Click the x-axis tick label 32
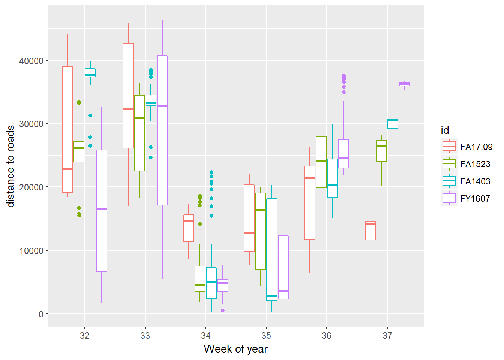pos(85,336)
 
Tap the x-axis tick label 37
pos(387,336)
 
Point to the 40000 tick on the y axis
pos(31,61)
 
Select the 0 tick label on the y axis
pos(41,314)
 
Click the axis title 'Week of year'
pos(235,349)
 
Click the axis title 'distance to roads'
pos(10,166)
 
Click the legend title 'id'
pos(445,130)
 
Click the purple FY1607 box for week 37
pos(404,84)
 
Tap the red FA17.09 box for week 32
pos(68,129)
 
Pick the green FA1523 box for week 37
pos(381,151)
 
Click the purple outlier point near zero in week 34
pos(223,310)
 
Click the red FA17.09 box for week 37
pos(370,231)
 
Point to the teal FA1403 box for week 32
pos(90,73)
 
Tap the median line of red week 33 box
pos(128,109)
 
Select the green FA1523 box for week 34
pos(200,279)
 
